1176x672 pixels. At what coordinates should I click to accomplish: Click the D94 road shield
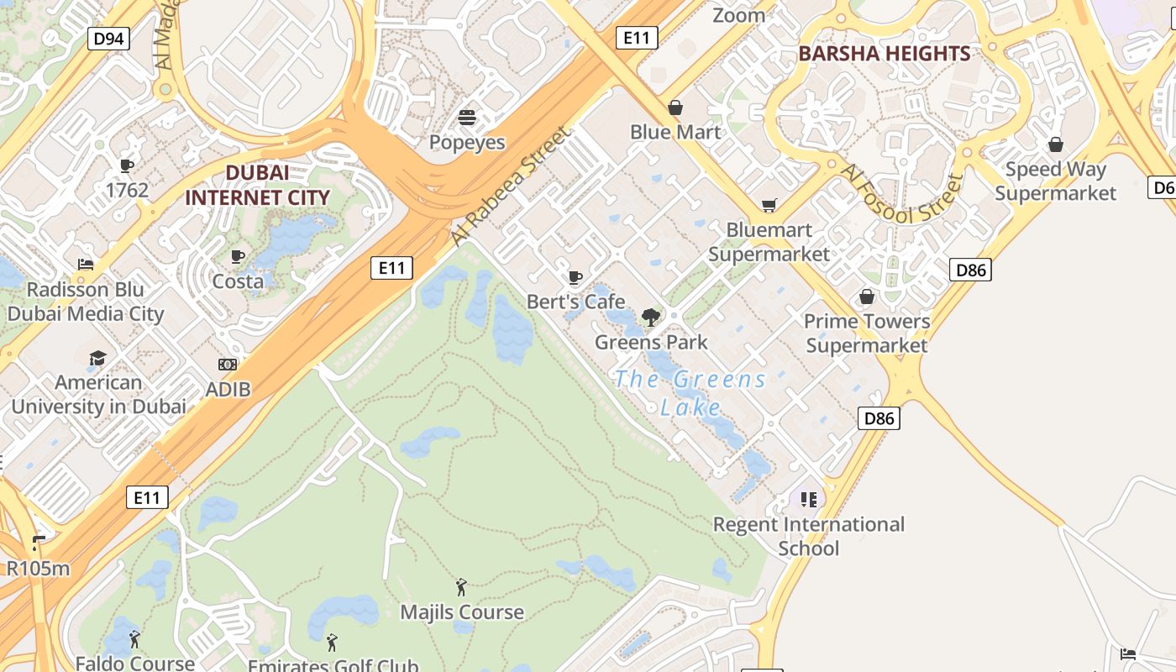tap(109, 38)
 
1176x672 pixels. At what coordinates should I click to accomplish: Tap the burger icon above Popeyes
tap(467, 117)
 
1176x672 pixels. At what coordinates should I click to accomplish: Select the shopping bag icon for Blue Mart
tap(675, 108)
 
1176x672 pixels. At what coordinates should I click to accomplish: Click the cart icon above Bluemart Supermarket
tap(769, 205)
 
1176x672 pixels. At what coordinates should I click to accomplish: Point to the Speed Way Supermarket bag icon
tap(1055, 144)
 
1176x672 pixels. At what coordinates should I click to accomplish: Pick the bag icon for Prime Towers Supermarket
tap(867, 297)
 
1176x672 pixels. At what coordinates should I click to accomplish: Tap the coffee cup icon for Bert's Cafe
tap(575, 277)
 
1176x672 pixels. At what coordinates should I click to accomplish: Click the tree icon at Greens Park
tap(650, 317)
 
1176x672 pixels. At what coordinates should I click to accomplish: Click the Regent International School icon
tap(809, 500)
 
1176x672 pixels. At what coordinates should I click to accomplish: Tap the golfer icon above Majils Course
tap(461, 587)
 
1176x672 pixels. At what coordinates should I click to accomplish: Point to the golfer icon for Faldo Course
tap(134, 639)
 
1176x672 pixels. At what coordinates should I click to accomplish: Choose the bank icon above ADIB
tap(228, 365)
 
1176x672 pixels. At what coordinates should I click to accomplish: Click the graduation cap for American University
tap(98, 358)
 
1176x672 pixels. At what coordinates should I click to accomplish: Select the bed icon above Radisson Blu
tap(85, 265)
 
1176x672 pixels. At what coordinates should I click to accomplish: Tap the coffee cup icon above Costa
tap(238, 256)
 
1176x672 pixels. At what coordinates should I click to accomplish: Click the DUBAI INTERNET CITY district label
tap(257, 186)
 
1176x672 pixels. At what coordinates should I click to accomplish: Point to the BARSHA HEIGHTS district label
tap(884, 54)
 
